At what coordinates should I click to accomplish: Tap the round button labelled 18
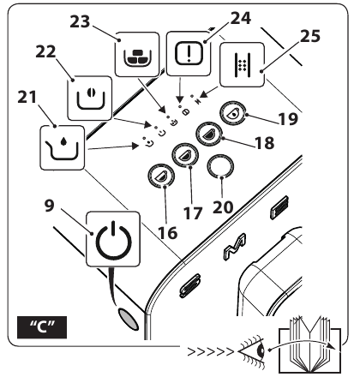click(x=207, y=134)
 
